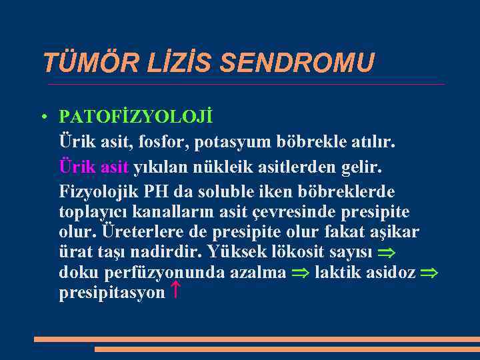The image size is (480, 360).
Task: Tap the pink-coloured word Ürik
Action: (x=76, y=165)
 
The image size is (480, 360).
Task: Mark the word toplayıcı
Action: (x=95, y=212)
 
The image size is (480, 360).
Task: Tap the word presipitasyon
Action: (x=111, y=292)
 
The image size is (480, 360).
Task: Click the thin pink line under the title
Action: (x=247, y=85)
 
